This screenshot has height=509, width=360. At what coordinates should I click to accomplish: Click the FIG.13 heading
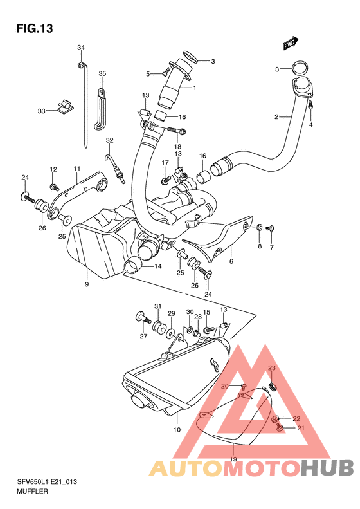pos(34,28)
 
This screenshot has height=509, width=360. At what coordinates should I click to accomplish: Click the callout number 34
pos(81,48)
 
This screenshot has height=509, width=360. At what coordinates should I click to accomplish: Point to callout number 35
pos(102,74)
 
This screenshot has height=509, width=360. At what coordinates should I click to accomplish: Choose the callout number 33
pos(41,111)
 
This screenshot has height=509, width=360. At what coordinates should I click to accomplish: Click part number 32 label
pos(109,140)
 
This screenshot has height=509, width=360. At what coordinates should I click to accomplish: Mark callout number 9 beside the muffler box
pos(86,284)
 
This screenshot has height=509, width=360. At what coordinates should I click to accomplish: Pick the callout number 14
pos(157,265)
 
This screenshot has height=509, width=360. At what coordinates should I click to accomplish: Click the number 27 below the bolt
pos(143,336)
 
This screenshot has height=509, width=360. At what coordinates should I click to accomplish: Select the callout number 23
pos(271,368)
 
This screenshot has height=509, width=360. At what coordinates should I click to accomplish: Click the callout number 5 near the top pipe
pos(147,74)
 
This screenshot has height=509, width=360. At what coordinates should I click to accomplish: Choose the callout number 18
pos(177,147)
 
